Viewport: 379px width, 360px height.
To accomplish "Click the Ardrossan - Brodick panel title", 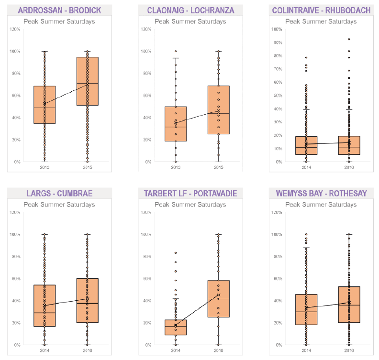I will click(59, 10).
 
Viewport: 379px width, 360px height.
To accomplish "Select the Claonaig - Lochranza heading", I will click(191, 10).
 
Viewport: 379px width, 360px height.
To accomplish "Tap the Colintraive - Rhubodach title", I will click(321, 10).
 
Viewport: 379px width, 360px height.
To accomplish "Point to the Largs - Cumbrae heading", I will click(59, 193).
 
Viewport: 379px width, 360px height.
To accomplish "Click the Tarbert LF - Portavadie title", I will click(191, 193).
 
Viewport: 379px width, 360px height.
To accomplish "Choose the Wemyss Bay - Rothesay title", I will click(321, 193).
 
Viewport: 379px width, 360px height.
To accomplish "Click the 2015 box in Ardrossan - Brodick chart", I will click(87, 88).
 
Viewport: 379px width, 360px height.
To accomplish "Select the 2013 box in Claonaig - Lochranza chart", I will click(176, 124).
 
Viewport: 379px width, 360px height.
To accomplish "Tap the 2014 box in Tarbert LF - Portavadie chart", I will click(176, 327).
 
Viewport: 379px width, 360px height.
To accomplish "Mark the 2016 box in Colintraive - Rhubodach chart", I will click(349, 145).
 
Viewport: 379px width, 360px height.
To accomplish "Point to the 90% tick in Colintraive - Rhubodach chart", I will click(276, 42).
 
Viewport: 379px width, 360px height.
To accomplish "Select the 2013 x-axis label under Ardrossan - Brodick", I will click(45, 167).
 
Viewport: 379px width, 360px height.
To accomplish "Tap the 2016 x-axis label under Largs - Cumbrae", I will click(87, 350).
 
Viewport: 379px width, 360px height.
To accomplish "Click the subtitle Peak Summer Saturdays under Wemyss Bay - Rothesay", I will click(321, 205).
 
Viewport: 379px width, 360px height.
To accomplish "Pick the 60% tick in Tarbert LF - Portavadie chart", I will click(146, 279).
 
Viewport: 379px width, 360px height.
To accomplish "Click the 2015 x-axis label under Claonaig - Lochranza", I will click(218, 167).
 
